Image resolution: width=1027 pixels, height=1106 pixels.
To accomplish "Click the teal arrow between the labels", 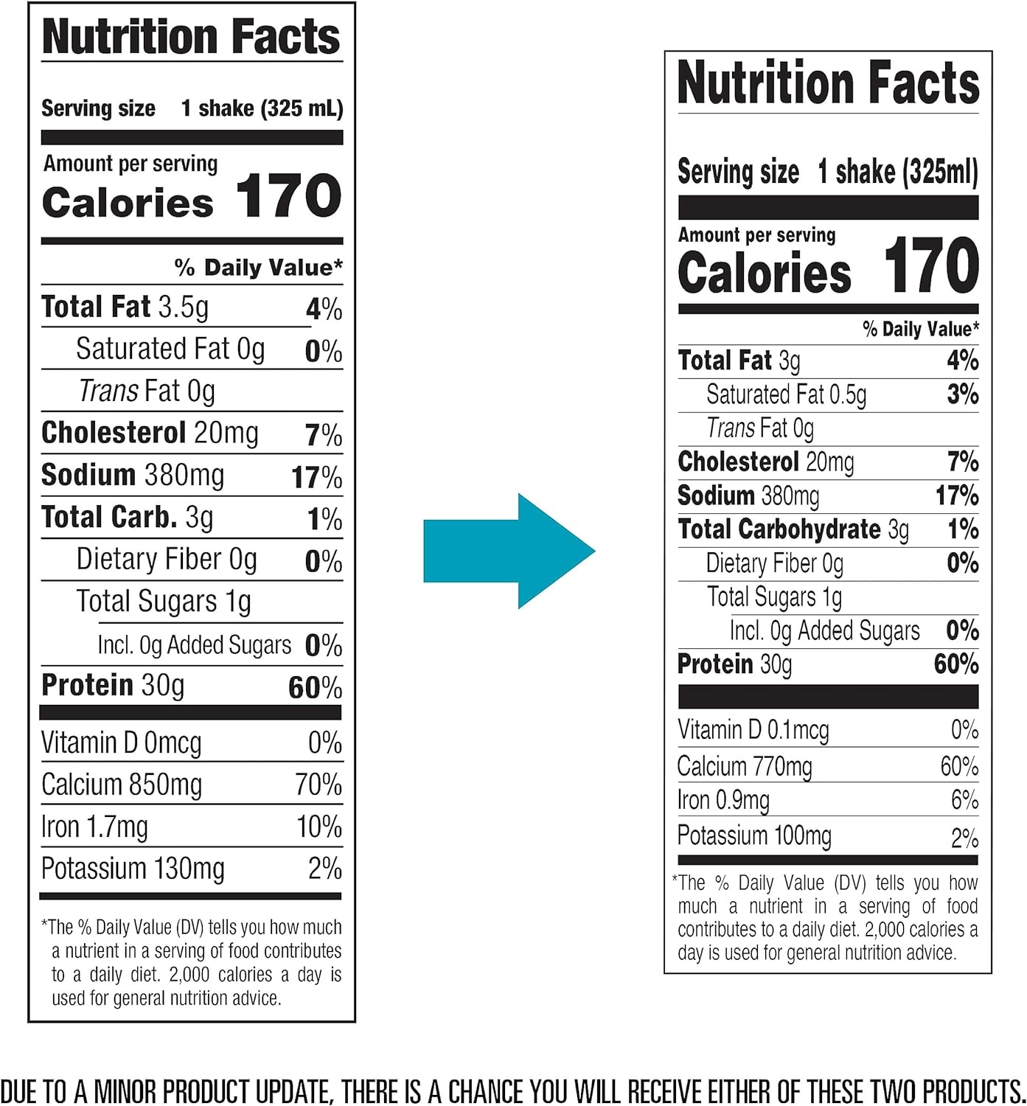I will [509, 551].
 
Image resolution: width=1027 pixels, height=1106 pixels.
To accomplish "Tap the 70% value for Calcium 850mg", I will [318, 785].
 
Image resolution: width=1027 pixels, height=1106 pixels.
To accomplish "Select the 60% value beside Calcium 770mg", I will [959, 767].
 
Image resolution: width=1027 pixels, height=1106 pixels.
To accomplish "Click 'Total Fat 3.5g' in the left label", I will [125, 307].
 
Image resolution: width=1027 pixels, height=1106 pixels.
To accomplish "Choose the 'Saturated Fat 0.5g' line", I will [786, 394].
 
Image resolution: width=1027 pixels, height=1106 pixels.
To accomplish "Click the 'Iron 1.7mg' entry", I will [94, 827].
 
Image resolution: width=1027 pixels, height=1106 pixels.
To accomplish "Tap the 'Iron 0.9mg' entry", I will [723, 801].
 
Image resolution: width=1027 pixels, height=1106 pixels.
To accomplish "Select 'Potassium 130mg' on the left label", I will [133, 869].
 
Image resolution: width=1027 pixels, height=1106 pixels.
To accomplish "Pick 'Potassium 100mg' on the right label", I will [754, 836].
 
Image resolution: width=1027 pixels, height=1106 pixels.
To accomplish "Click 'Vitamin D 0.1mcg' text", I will [753, 730].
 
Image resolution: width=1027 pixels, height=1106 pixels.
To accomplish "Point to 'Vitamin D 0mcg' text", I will [121, 742].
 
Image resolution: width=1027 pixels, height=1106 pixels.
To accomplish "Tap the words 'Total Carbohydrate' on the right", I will [779, 529].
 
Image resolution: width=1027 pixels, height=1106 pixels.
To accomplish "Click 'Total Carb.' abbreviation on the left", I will [109, 518].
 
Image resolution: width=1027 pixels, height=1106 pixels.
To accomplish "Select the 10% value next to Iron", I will [319, 827].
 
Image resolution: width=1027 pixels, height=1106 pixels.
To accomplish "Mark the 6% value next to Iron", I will [964, 801].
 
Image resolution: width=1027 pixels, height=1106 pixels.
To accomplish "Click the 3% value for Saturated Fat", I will [963, 394].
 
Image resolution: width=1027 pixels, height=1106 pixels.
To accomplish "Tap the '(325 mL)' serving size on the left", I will [302, 108].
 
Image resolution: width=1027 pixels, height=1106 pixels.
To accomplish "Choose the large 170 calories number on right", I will [931, 266].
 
